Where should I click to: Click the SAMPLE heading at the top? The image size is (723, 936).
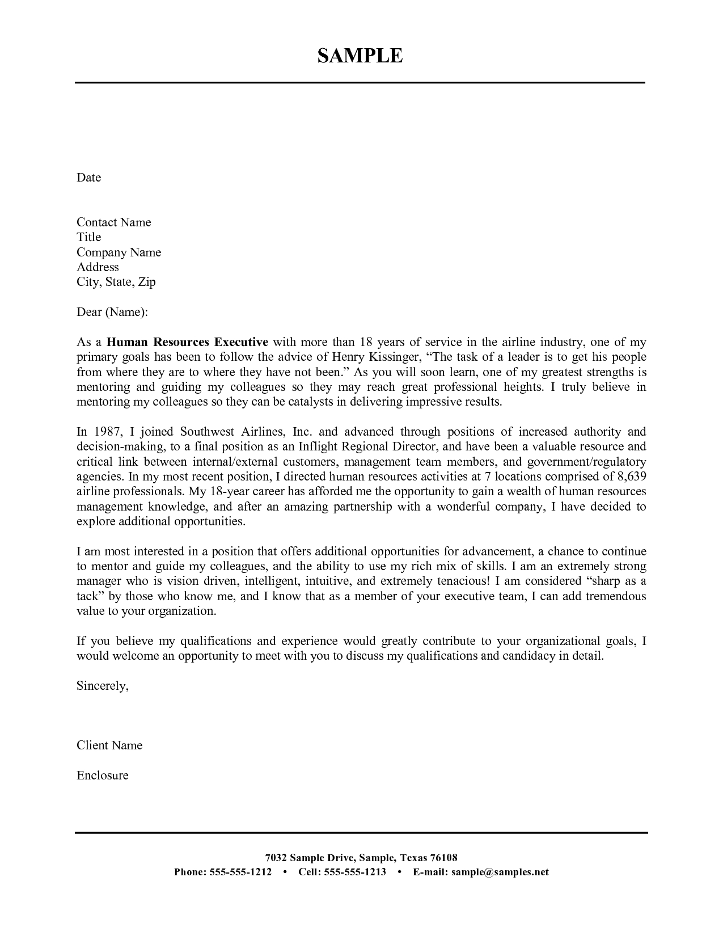(x=360, y=56)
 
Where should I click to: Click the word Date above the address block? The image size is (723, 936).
(x=88, y=178)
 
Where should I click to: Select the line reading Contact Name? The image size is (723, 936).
(x=113, y=222)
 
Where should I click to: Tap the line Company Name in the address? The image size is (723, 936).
(x=119, y=252)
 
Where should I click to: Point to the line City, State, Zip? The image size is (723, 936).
(x=116, y=282)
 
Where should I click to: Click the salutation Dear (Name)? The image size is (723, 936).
(x=112, y=312)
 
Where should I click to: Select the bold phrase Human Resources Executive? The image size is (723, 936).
(x=187, y=342)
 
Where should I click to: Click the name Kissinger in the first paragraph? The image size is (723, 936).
(x=394, y=357)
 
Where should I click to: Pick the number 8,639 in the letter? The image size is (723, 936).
(x=631, y=477)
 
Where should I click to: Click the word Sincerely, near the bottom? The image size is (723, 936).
(x=103, y=686)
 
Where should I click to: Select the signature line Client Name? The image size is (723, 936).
(x=109, y=745)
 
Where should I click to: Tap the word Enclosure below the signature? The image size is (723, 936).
(x=103, y=775)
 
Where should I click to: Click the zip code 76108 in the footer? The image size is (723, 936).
(x=444, y=858)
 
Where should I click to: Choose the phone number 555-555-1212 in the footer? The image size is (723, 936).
(x=240, y=872)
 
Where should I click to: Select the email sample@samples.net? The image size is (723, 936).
(x=500, y=872)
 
